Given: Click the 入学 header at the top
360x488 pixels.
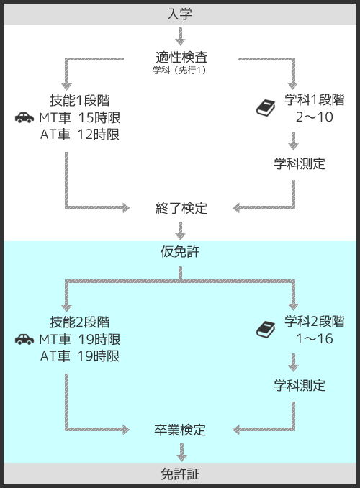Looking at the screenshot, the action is [x=180, y=14].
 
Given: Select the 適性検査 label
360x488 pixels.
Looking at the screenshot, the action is [x=181, y=58].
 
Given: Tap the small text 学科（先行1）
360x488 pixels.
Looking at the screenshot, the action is [x=180, y=71].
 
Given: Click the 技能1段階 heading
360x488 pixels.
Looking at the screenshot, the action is [x=80, y=101].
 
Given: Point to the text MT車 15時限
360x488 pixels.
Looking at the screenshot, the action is [x=80, y=117].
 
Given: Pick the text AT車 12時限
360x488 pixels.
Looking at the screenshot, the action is [x=80, y=135].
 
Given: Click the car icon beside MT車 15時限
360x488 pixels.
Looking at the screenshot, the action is [x=24, y=117].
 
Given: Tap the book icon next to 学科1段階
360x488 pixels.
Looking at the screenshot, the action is [x=266, y=108].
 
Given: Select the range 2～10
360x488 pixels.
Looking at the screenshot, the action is [x=314, y=117].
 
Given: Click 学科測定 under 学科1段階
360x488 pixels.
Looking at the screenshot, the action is [x=300, y=163].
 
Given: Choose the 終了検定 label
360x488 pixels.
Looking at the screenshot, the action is [x=181, y=208].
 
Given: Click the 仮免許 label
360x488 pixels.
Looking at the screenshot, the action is [x=180, y=251].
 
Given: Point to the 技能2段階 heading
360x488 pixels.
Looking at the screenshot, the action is [x=80, y=322].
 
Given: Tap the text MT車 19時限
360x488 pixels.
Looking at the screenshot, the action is [x=80, y=339].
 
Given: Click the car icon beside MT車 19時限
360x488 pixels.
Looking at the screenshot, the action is [x=24, y=339].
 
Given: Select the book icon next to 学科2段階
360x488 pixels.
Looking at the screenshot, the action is [x=266, y=330].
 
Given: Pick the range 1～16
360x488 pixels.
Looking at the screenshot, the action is [x=314, y=338].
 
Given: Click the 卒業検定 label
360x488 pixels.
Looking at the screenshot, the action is [x=180, y=430].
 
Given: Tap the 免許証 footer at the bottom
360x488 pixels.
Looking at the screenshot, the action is [x=180, y=474].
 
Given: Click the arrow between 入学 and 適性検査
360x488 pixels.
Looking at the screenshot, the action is [x=180, y=37].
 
